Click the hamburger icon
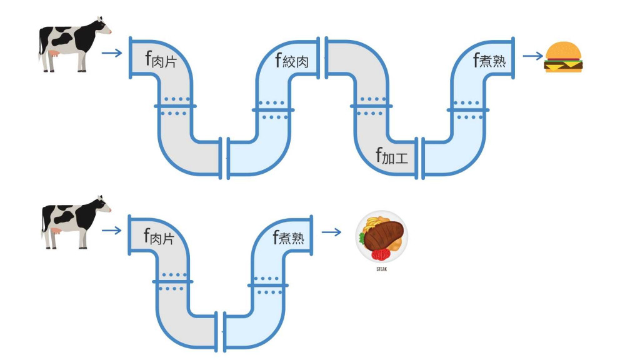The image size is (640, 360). tap(564, 57)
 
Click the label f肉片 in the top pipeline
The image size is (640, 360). tap(159, 60)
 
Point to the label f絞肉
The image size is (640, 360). tap(291, 60)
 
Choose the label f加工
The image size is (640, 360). tap(392, 156)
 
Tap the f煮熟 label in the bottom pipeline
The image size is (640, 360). tap(292, 237)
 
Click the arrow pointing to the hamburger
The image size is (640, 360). tap(532, 56)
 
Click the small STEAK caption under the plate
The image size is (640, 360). tap(381, 269)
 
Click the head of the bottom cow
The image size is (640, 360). tap(101, 204)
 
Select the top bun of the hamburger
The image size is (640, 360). tap(564, 49)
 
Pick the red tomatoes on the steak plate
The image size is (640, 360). tap(380, 254)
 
